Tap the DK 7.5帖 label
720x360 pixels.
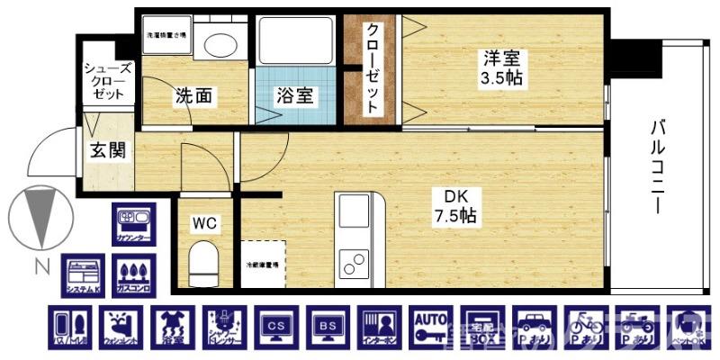pyautogui.click(x=454, y=207)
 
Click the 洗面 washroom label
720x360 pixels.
pyautogui.click(x=193, y=94)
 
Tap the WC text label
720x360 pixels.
pyautogui.click(x=204, y=223)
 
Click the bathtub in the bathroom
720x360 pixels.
pyautogui.click(x=294, y=40)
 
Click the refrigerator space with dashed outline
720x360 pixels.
pyautogui.click(x=263, y=264)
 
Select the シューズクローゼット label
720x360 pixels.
pyautogui.click(x=107, y=81)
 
